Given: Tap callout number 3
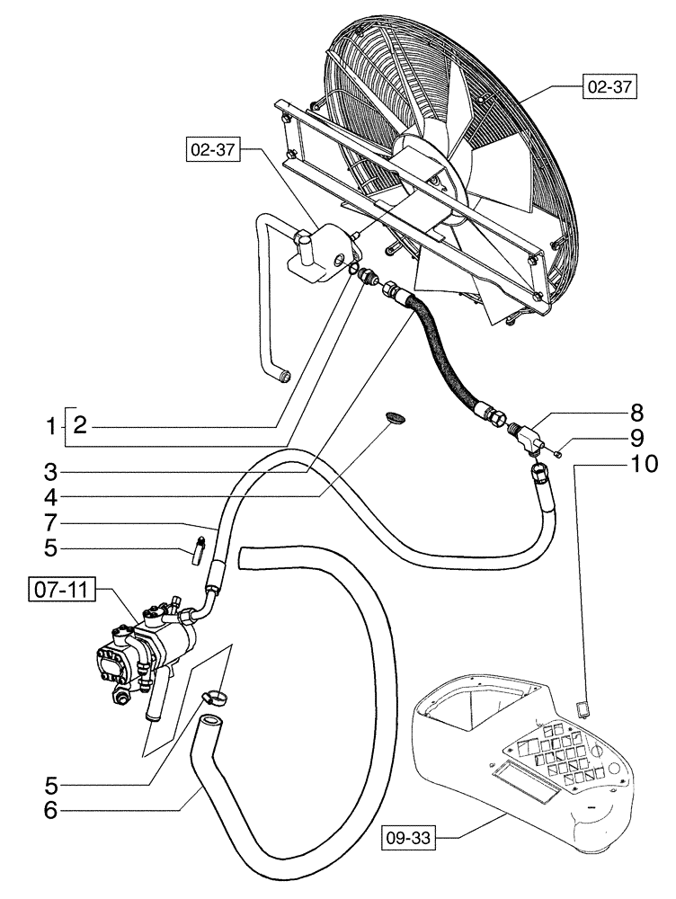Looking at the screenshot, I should (52, 469).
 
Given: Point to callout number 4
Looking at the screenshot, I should (52, 495).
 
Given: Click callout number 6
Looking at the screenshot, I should (52, 809).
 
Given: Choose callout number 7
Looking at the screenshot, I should (52, 522).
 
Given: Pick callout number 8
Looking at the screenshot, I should (636, 414).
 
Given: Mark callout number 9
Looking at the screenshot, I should (636, 439).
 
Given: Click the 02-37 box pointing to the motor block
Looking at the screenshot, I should (213, 151).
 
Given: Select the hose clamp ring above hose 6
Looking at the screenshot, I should (215, 695).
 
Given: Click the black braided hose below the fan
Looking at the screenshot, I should (449, 351).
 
